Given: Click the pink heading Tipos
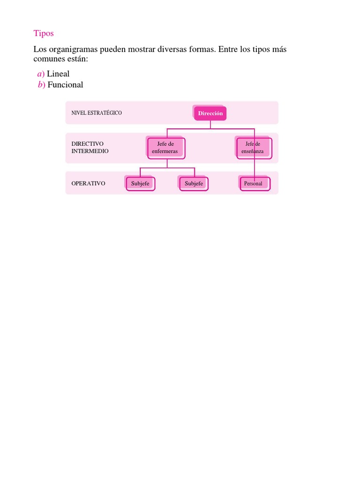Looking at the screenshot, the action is [44, 33].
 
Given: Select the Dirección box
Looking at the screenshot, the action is [210, 113].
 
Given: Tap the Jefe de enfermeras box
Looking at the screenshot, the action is [165, 148].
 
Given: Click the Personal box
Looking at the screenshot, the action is [254, 184].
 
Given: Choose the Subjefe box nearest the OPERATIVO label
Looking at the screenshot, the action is [140, 183].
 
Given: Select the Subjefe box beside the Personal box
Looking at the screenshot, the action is [194, 183].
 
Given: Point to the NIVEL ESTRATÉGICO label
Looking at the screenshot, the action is [97, 113].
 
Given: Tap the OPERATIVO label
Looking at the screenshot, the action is [88, 183].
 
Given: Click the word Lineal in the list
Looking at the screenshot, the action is [58, 74].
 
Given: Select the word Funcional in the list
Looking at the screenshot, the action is [65, 85].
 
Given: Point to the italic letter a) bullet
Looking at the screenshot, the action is [41, 74].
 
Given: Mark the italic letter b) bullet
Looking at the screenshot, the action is [41, 85].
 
